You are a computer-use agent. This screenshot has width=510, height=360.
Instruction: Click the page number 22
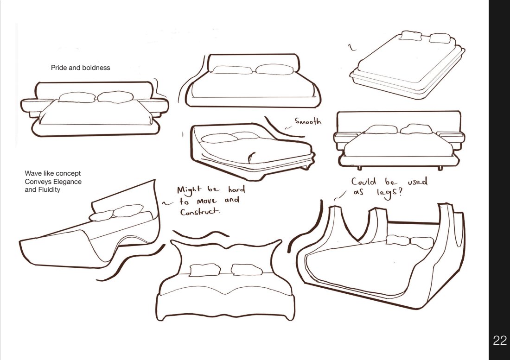coord(499,341)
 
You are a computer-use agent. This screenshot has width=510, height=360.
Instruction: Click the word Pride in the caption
coord(59,68)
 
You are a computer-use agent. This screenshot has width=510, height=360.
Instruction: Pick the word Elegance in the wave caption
coord(67,182)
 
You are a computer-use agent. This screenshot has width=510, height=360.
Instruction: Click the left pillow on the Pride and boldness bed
coord(77,97)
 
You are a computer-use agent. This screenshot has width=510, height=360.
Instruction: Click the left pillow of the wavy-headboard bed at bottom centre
coord(205,270)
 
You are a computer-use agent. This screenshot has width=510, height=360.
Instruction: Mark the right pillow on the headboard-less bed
coord(440,38)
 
